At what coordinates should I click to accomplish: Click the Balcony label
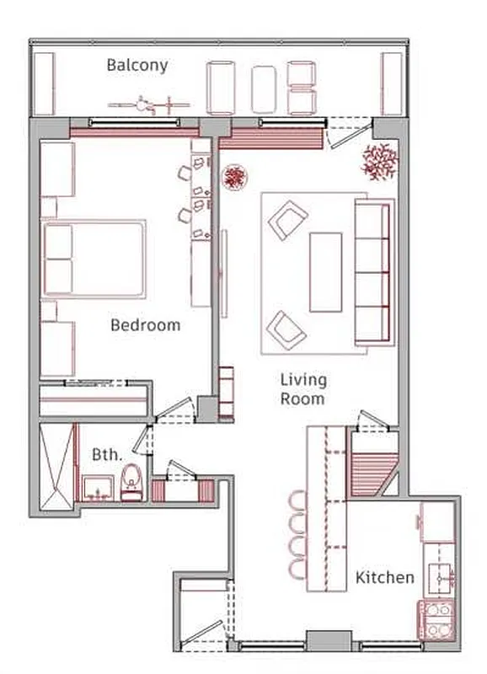[137, 65]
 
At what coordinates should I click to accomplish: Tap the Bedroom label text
[146, 324]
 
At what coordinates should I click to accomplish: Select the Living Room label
[302, 389]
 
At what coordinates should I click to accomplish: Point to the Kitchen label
[384, 577]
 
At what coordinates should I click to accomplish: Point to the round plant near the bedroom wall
[234, 177]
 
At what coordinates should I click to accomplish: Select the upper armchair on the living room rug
[286, 219]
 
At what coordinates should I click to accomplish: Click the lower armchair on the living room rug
[286, 329]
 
